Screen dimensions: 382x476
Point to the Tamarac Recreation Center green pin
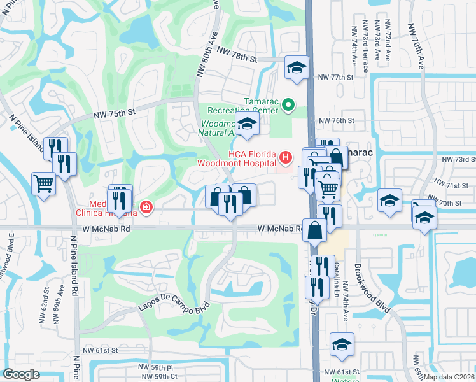(x=288, y=104)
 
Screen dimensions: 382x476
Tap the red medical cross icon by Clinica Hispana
(x=146, y=208)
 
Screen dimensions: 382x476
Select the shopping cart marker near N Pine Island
(x=44, y=185)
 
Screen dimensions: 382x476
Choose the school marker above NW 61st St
(x=342, y=344)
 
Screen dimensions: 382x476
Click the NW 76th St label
(x=336, y=121)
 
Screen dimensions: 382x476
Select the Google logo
(x=21, y=374)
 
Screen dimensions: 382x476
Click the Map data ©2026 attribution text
(x=449, y=376)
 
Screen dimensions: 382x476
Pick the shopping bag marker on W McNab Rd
(x=315, y=231)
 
